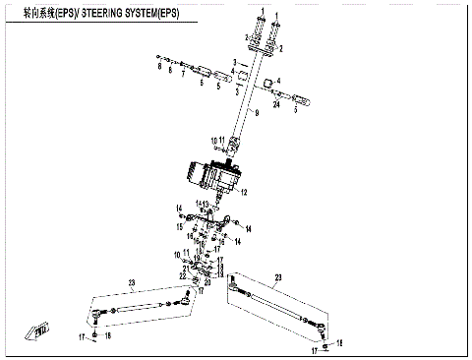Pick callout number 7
click(183, 72)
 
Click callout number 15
click(179, 225)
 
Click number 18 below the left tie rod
click(109, 336)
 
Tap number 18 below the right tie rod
click(339, 343)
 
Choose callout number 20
click(207, 281)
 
